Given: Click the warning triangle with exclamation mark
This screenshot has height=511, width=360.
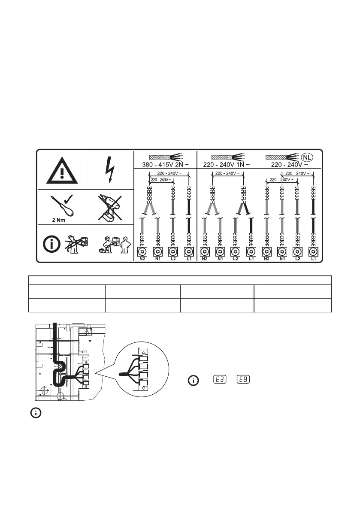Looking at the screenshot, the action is click(62, 170).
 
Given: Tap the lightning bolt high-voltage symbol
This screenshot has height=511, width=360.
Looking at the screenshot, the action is click(110, 170).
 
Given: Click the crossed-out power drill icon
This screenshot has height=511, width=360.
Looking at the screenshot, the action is click(110, 208).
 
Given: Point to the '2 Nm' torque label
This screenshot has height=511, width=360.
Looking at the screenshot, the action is click(59, 220).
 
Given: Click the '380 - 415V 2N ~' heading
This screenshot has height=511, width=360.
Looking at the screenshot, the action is click(165, 165).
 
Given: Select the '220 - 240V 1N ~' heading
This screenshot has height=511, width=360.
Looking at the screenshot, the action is click(227, 165).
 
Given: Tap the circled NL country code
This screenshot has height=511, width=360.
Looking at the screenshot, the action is click(306, 157).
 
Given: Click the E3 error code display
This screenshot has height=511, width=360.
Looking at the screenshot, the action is click(220, 380).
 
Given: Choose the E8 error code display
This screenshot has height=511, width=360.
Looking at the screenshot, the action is click(243, 380).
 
